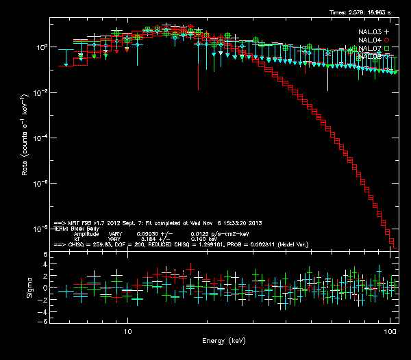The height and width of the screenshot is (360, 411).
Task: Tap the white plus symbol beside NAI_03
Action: [x=387, y=31]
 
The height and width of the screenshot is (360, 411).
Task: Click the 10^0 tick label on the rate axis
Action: [x=40, y=47]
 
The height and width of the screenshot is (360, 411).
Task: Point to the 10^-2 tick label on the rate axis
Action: [x=40, y=92]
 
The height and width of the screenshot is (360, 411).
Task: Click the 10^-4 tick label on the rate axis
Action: [x=40, y=138]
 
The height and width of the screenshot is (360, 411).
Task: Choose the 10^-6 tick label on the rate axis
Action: [x=40, y=183]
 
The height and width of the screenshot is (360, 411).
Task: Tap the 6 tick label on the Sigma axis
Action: [x=45, y=255]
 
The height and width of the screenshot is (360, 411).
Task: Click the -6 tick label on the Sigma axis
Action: [x=43, y=321]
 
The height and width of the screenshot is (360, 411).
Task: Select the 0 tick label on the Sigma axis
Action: [x=45, y=288]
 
